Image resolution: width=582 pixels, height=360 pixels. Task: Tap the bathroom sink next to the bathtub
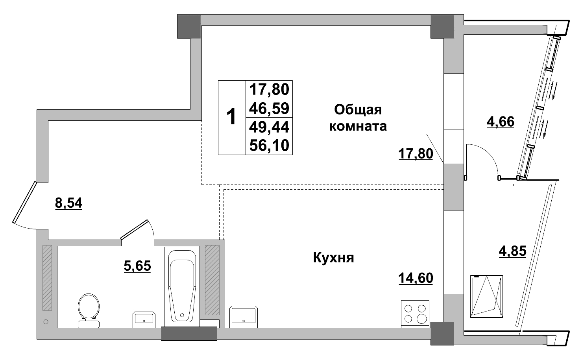pyautogui.click(x=144, y=318)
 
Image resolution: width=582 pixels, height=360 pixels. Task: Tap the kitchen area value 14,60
pyautogui.click(x=416, y=278)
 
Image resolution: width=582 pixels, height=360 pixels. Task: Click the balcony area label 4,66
pyautogui.click(x=500, y=122)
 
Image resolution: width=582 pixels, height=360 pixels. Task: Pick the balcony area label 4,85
pyautogui.click(x=512, y=251)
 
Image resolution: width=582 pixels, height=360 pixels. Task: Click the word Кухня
pyautogui.click(x=334, y=258)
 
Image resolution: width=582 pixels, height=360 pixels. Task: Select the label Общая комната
pyautogui.click(x=358, y=118)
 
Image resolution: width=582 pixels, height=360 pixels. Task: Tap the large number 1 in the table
pyautogui.click(x=232, y=117)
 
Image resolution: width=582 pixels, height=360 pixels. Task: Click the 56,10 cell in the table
pyautogui.click(x=270, y=146)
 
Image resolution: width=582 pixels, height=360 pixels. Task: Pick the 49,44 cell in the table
pyautogui.click(x=270, y=127)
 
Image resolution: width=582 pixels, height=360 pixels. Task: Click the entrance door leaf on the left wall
pyautogui.click(x=24, y=202)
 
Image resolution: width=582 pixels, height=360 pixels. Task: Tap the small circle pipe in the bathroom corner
pyautogui.click(x=46, y=322)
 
